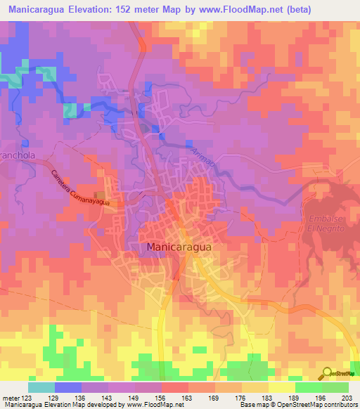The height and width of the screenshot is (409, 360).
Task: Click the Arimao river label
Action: click(200, 153)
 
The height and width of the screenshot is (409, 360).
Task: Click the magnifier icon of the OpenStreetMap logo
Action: click(327, 372)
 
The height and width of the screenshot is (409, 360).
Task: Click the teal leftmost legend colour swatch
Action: click(41, 387)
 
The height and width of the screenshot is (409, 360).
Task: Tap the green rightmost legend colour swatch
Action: click(335, 387)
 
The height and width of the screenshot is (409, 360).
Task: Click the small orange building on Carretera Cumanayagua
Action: click(101, 195)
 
